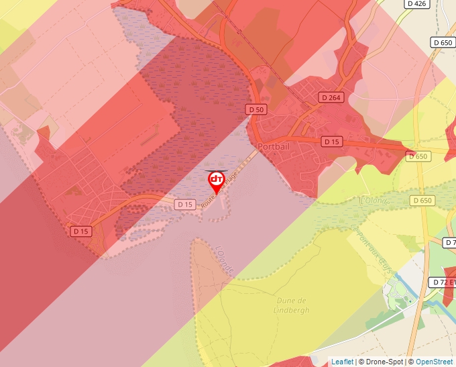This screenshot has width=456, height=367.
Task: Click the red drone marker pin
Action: [x=216, y=180]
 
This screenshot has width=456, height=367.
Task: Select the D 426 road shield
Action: [x=416, y=4]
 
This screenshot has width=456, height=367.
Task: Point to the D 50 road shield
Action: [x=255, y=109]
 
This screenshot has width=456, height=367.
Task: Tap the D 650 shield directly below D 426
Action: [x=443, y=42]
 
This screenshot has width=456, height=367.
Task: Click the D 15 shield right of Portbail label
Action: [x=332, y=142]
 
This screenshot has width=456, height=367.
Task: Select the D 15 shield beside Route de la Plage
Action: [x=185, y=204]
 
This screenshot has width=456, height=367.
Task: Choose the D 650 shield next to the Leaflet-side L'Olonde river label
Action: [x=422, y=201]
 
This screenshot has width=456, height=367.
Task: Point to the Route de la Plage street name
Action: [x=221, y=190]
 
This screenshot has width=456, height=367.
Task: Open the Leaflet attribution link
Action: [x=342, y=362]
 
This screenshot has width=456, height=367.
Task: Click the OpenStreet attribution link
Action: [x=435, y=362]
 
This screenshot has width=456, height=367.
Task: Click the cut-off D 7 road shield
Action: [x=450, y=242]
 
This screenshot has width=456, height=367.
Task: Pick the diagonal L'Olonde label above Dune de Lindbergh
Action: [x=224, y=259]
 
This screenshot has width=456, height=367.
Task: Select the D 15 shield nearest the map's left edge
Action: [x=81, y=231]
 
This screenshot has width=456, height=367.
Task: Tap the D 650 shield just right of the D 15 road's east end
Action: [x=416, y=156]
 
